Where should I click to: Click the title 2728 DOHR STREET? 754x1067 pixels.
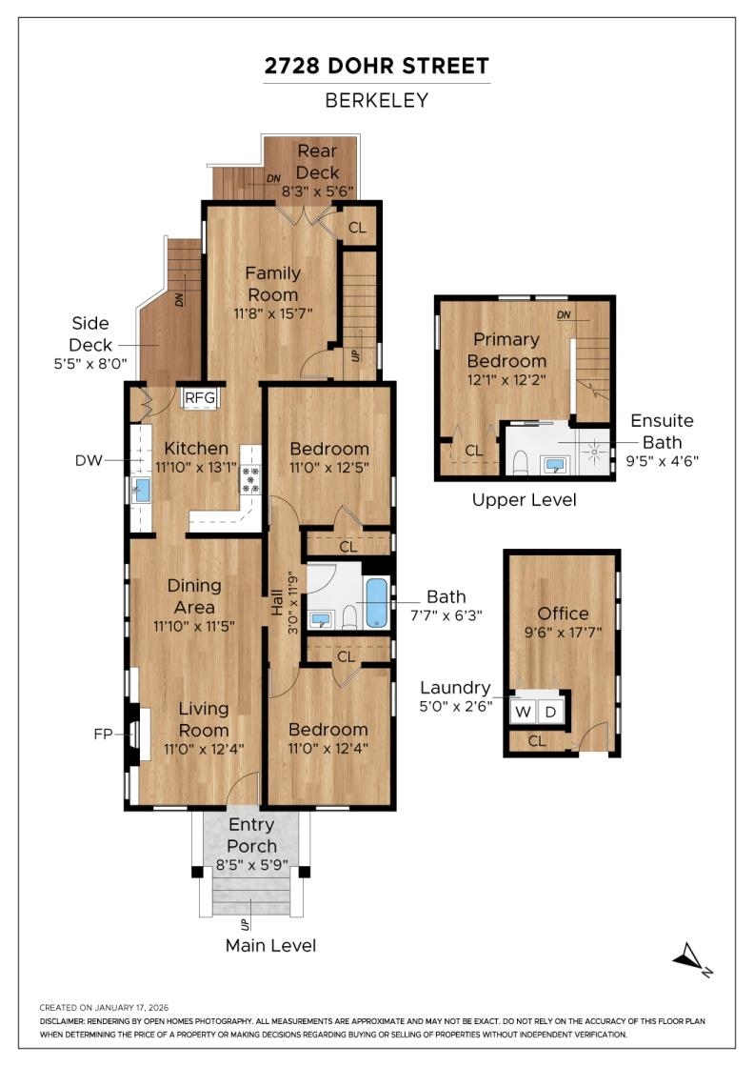tap(377, 66)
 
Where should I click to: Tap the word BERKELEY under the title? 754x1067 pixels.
tap(377, 101)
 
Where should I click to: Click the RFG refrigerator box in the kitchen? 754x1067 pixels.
tap(200, 398)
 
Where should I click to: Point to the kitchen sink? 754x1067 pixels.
tap(142, 490)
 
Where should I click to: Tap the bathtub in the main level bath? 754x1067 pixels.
tap(377, 602)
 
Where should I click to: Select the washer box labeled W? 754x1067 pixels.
tap(523, 712)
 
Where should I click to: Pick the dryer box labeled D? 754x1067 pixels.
tap(550, 712)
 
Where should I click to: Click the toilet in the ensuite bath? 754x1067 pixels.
tap(522, 462)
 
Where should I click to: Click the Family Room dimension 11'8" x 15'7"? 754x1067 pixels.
tap(272, 313)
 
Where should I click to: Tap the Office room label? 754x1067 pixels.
tap(563, 614)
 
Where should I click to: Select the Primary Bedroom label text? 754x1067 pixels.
tap(506, 350)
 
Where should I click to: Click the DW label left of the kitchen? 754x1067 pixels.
tap(89, 461)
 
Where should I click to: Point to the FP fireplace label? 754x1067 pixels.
tap(103, 735)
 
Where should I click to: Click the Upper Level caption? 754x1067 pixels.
tap(525, 500)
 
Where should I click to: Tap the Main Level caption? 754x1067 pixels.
tap(270, 945)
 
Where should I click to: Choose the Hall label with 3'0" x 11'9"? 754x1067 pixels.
tap(285, 602)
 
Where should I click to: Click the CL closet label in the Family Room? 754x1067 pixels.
tap(357, 228)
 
